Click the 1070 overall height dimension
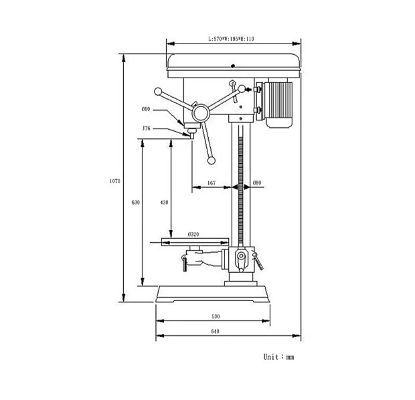coord(115,181)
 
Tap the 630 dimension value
coord(135,203)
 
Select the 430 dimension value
coord(164,203)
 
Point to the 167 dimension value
coord(212,183)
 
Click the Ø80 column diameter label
coord(257,183)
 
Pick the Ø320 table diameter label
coord(193,234)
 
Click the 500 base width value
coord(216,316)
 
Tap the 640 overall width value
coord(215,331)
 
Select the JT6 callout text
coord(146,128)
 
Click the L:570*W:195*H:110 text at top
coord(231,39)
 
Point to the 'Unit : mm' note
coord(278,357)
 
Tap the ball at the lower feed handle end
coord(212,161)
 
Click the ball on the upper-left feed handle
coord(158,92)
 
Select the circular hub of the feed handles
coord(201,114)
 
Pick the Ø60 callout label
coord(146,109)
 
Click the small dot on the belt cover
coord(233,66)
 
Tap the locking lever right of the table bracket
coord(258,262)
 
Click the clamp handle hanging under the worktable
coord(185,263)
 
